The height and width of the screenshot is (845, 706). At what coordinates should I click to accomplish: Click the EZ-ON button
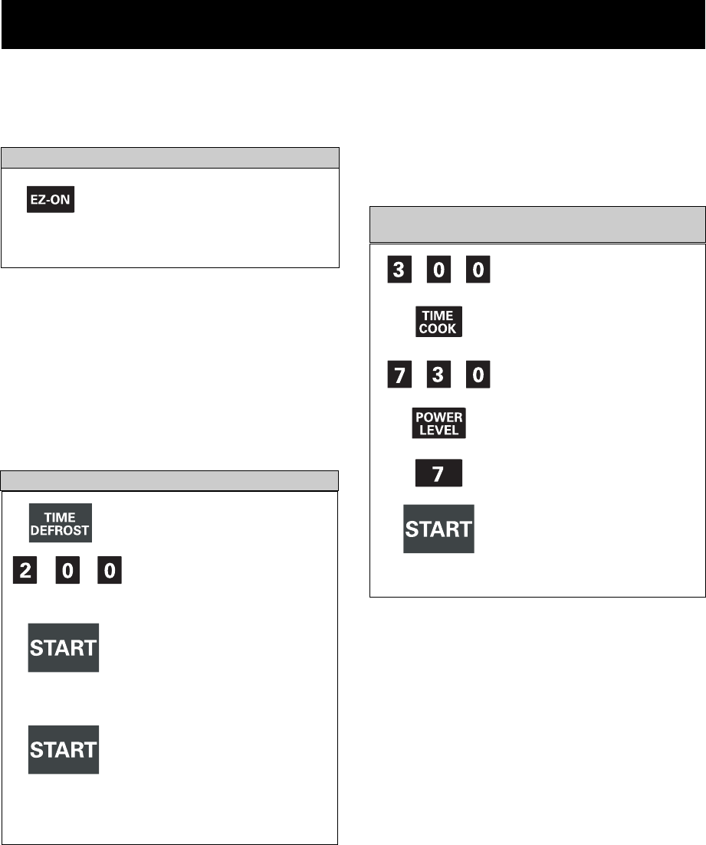coord(51,198)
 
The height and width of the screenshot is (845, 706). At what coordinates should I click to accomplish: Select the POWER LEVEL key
coord(439,423)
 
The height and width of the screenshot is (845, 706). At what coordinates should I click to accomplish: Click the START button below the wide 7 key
coord(439,529)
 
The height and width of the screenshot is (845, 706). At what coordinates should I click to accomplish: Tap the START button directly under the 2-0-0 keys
coord(64,647)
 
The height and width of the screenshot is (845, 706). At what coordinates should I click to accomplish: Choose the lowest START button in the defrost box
coord(64,749)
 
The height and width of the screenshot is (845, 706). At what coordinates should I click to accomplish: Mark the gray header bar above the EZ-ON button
coord(169,157)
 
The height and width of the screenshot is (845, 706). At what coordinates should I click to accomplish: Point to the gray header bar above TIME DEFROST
coord(169,480)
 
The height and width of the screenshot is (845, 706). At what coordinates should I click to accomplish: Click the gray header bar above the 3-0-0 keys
coord(537,224)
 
